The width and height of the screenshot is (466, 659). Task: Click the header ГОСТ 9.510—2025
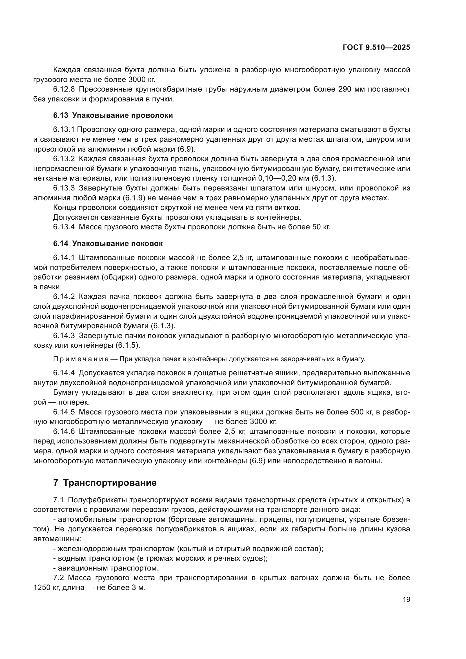pos(376,48)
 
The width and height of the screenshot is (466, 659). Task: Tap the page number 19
pos(406,600)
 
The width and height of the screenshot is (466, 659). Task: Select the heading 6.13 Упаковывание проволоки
pos(113,116)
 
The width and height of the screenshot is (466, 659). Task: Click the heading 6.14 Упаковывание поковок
pos(108,243)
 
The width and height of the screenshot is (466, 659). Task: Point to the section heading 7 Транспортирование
pos(105,483)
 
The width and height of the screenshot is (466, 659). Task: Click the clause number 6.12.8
pos(64,89)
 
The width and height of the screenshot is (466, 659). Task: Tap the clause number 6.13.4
pos(64,227)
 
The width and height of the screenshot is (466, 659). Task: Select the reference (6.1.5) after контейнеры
pos(128,345)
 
